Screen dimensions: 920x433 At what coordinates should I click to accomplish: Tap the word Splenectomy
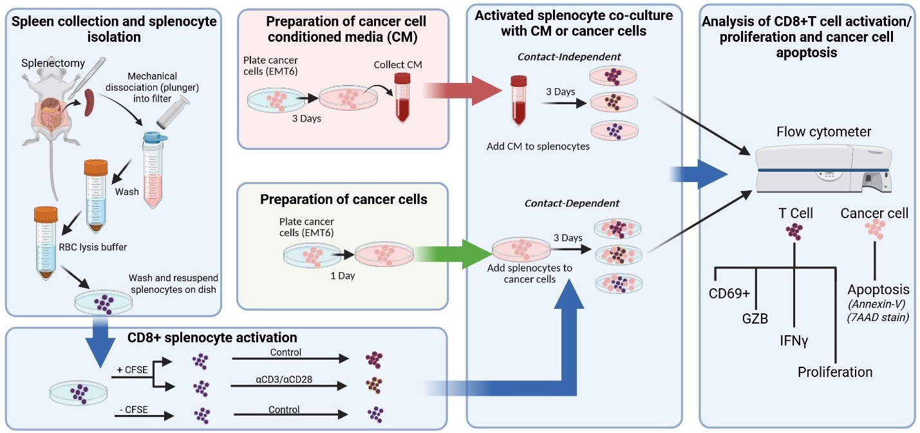tap(53, 63)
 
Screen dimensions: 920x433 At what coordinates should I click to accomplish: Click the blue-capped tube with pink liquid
tap(154, 169)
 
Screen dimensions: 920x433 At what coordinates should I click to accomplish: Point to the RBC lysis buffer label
tap(93, 247)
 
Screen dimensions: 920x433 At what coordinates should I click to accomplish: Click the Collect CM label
tap(398, 65)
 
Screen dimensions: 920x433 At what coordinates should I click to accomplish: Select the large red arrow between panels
tap(462, 90)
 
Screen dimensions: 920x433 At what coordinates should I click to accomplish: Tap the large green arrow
tap(454, 255)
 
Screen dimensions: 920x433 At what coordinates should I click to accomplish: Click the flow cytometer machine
tap(823, 169)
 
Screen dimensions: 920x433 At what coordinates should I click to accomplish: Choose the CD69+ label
tap(729, 293)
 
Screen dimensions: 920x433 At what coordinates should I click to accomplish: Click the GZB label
tap(755, 318)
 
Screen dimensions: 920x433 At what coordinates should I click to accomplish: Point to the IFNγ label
tap(794, 341)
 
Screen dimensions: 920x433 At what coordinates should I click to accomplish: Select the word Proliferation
tap(835, 372)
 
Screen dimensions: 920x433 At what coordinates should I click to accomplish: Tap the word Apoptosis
tap(879, 290)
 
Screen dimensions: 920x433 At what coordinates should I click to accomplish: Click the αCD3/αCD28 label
tap(284, 379)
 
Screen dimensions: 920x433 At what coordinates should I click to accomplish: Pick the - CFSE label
tap(134, 410)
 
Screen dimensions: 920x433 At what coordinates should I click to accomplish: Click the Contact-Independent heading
tap(569, 57)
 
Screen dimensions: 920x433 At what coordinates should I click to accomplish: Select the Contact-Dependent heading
tap(572, 203)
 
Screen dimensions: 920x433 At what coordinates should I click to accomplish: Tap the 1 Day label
tap(343, 276)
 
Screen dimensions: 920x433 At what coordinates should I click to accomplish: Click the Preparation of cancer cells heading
tap(343, 199)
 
